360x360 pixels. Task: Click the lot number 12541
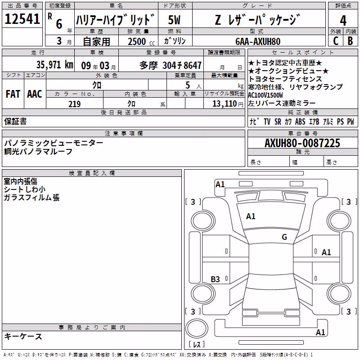(x=22, y=19)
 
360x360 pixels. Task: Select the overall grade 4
(x=343, y=21)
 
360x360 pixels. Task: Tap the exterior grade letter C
(x=336, y=41)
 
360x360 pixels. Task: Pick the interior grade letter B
(x=350, y=41)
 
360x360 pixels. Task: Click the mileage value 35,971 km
(x=54, y=65)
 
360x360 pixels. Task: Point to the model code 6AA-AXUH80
(x=258, y=41)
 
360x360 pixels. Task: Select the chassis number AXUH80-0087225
(x=302, y=143)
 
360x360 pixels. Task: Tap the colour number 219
(x=74, y=104)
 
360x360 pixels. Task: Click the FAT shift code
(x=13, y=94)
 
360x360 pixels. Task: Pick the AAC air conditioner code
(x=35, y=94)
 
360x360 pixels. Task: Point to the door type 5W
(x=174, y=20)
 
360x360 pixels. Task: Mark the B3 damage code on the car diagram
(x=216, y=279)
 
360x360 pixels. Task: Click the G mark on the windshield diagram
(x=284, y=237)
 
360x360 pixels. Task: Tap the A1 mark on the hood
(x=251, y=216)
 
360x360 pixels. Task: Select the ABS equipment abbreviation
(x=300, y=121)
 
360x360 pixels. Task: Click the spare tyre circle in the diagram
(x=197, y=328)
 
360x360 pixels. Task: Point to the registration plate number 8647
(x=193, y=65)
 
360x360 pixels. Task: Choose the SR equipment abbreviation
(x=278, y=121)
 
